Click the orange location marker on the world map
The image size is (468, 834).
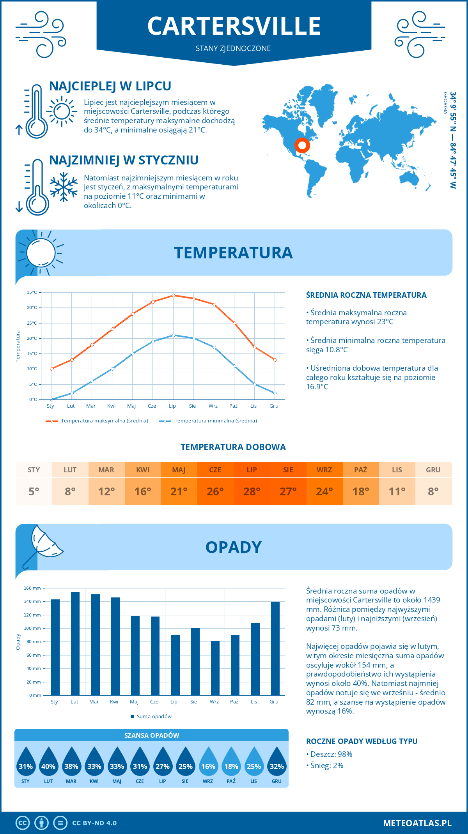click(x=302, y=145)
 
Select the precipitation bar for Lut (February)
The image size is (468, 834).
click(x=75, y=643)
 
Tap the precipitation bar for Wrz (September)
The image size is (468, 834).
click(x=215, y=668)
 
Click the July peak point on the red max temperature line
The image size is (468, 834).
click(x=174, y=295)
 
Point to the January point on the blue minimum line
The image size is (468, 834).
click(x=51, y=399)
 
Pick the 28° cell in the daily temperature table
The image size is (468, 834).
click(x=252, y=491)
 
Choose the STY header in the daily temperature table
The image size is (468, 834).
click(x=34, y=470)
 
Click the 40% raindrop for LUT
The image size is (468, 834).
click(x=48, y=766)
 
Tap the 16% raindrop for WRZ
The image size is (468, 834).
click(x=208, y=766)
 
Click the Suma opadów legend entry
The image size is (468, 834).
click(x=154, y=716)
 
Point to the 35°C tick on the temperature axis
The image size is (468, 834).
click(x=32, y=292)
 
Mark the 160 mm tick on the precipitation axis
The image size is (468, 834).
click(x=33, y=588)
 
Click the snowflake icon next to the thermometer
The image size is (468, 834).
click(x=64, y=187)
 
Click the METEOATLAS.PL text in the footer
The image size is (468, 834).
click(x=417, y=823)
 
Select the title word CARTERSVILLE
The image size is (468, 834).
click(x=234, y=26)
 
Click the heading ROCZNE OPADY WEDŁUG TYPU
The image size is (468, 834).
click(x=362, y=741)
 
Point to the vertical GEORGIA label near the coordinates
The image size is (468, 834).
click(x=445, y=103)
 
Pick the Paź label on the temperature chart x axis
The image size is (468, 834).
click(x=233, y=406)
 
